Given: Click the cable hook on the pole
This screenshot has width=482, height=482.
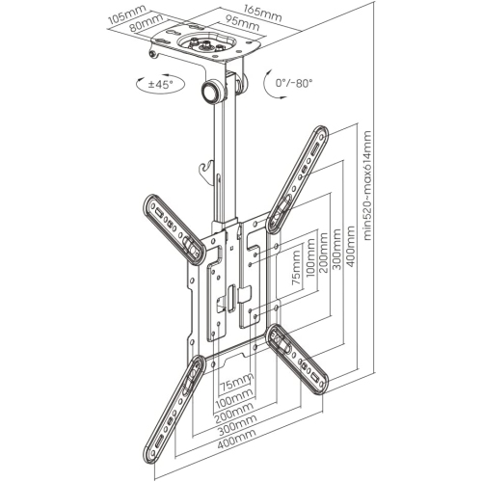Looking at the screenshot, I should coord(201,171).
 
